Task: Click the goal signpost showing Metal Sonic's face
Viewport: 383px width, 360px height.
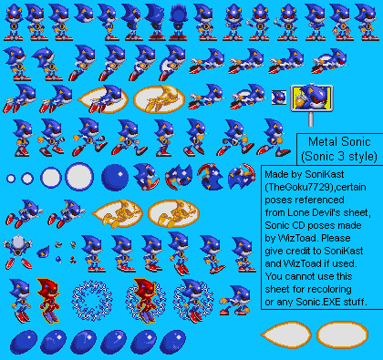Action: coord(312,98)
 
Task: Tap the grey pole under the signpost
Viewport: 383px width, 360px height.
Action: coord(311,119)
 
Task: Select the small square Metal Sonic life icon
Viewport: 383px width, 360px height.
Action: coord(279,98)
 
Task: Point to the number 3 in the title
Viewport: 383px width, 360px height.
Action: coord(341,157)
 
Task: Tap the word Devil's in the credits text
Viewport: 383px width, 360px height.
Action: coord(328,212)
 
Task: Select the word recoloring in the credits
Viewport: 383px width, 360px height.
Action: coord(328,289)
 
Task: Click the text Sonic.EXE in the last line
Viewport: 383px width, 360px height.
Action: coord(318,302)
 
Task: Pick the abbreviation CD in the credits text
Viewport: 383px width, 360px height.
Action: coord(299,225)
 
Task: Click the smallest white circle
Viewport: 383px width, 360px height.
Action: coord(11,179)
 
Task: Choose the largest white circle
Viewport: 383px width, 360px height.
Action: coord(79,177)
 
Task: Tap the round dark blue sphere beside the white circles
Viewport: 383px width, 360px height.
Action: coord(115,178)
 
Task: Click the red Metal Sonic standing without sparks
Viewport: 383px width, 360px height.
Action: coord(48,300)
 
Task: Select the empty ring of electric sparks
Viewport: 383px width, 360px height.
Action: coord(92,301)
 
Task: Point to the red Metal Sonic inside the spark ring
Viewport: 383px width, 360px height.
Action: coord(145,301)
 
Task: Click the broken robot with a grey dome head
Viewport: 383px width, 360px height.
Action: coord(17,252)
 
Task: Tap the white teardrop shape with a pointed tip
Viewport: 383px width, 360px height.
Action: coord(286,334)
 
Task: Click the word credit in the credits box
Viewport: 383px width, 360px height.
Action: coord(295,251)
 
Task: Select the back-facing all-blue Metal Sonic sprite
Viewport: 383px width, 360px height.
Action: coord(178,22)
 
